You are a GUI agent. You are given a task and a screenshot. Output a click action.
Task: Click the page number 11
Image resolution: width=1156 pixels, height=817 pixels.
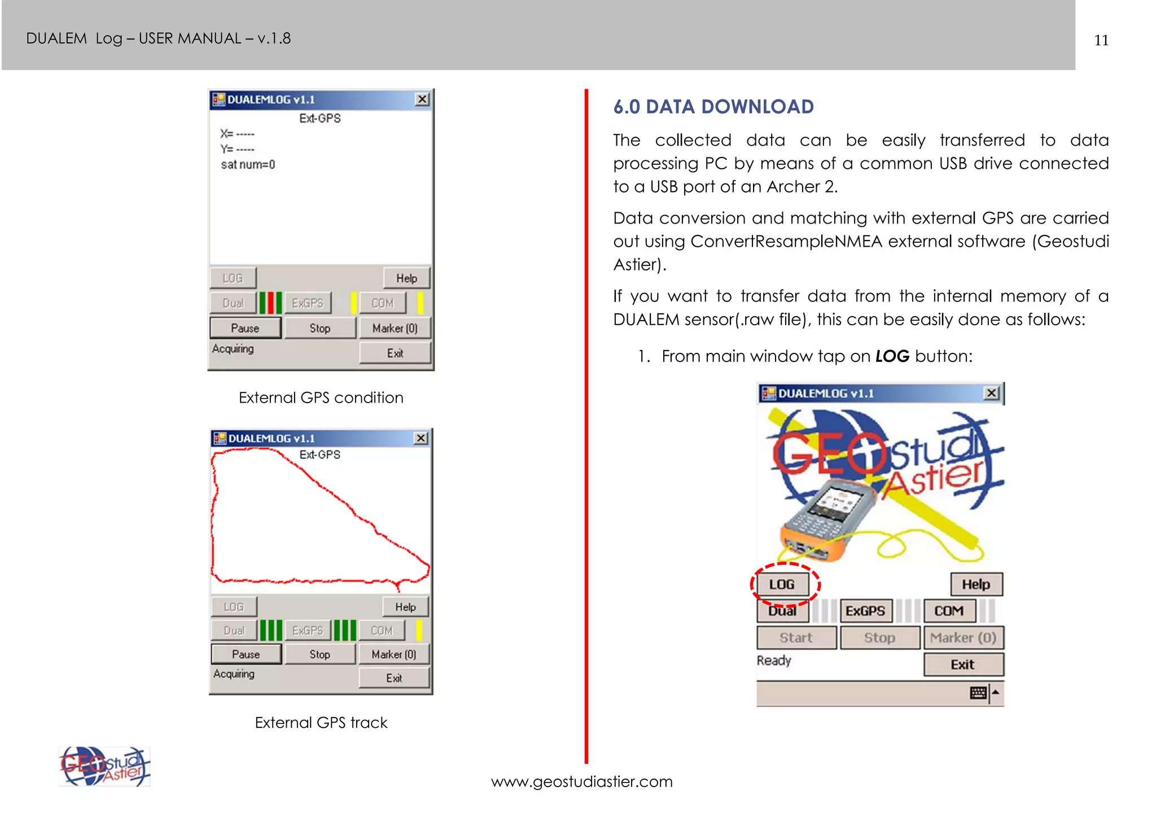click(x=1101, y=41)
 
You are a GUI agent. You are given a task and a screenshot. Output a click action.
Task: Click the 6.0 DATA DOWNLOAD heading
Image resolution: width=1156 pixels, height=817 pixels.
click(x=713, y=107)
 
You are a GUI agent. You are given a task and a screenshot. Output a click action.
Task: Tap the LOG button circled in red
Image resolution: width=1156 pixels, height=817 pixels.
click(x=782, y=584)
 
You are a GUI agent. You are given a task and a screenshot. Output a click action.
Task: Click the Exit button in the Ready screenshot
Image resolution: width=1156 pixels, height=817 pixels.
click(x=963, y=665)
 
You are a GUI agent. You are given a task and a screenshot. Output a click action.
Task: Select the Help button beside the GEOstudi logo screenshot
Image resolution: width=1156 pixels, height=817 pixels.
click(x=976, y=584)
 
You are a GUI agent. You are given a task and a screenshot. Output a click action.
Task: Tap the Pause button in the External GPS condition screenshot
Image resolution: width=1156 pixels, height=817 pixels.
click(x=245, y=328)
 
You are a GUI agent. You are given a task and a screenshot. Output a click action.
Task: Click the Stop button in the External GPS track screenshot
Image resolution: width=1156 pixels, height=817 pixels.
click(x=320, y=654)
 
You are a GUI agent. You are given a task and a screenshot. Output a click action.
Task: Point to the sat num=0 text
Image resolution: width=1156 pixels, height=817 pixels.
click(x=248, y=165)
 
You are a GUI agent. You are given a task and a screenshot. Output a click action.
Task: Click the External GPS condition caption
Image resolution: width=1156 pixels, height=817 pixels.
click(x=321, y=397)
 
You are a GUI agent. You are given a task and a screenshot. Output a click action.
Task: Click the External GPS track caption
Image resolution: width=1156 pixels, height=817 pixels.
click(x=321, y=723)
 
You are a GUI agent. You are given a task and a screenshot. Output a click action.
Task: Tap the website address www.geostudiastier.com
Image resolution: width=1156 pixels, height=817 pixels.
click(x=581, y=781)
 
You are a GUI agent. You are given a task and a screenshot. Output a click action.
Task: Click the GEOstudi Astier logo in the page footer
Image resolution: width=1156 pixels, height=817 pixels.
click(x=104, y=767)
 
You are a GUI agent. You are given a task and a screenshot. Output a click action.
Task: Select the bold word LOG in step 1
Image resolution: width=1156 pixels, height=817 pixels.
click(x=892, y=356)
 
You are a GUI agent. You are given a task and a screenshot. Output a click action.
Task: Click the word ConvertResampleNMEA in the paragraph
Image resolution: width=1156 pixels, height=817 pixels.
click(x=786, y=242)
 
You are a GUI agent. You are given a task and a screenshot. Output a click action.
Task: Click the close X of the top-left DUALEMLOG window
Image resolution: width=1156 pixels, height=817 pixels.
click(x=422, y=99)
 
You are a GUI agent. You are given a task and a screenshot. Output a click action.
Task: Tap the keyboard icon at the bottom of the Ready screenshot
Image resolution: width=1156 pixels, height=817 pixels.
click(x=978, y=693)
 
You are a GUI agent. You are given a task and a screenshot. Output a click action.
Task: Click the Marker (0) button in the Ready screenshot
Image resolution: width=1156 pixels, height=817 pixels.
click(x=963, y=638)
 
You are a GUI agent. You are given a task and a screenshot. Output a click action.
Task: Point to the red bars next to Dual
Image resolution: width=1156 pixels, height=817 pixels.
click(x=270, y=303)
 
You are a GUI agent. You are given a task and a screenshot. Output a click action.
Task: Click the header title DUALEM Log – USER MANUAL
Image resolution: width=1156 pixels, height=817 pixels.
click(x=158, y=38)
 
